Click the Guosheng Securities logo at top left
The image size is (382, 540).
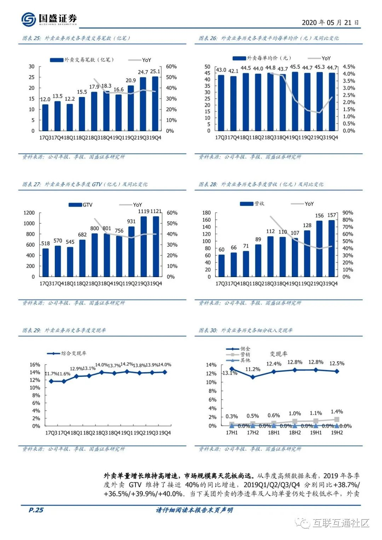(49, 19)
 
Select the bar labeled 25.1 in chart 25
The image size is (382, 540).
(155, 103)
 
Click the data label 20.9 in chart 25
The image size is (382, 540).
(131, 80)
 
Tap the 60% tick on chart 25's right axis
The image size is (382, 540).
(171, 67)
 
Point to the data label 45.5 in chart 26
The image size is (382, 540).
(295, 67)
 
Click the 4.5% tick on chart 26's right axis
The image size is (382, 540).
(349, 67)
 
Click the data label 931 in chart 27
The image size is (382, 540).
(131, 222)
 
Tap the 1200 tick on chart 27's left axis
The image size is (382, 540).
(29, 213)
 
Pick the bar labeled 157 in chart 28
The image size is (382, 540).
(331, 248)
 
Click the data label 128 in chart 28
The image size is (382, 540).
(307, 225)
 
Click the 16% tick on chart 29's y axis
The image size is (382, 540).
(35, 364)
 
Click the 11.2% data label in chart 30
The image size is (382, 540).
(253, 369)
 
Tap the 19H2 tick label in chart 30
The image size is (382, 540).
(337, 432)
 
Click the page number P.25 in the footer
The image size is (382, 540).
(36, 510)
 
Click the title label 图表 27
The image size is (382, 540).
(31, 184)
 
